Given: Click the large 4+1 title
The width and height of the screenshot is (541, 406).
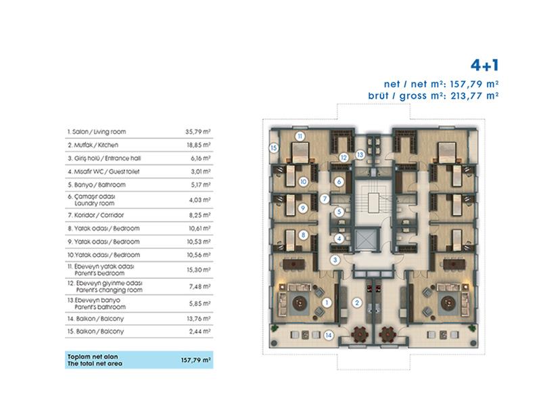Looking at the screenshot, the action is click(484, 65).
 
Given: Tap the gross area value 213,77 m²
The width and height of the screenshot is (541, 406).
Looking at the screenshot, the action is click(475, 95).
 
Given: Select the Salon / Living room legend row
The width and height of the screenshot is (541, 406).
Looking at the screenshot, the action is click(139, 131).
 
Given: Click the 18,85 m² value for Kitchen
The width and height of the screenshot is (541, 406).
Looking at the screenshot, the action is click(199, 145).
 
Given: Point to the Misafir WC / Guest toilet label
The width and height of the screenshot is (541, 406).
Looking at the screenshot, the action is click(103, 172).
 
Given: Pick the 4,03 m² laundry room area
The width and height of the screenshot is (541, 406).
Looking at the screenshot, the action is click(199, 200).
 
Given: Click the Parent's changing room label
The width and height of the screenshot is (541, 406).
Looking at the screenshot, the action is click(109, 290).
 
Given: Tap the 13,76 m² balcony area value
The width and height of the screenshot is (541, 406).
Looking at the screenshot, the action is click(199, 319).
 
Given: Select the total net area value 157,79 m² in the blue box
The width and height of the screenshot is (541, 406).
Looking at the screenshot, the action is click(195, 360).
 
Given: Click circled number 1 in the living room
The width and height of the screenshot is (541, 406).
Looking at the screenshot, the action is click(327, 302).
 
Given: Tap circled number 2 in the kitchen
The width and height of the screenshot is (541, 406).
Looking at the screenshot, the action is click(357, 302).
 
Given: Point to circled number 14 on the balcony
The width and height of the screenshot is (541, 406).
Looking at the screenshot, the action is click(329, 335).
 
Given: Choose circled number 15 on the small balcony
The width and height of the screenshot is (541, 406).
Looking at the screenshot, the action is click(274, 148).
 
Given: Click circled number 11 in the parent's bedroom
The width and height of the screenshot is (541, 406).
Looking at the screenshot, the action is click(300, 137).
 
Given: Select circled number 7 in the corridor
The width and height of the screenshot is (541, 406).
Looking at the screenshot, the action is click(325, 198).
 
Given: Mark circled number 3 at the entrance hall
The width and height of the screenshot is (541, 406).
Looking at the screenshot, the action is click(335, 260).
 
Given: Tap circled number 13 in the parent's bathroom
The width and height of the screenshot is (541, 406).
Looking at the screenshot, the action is click(360, 155).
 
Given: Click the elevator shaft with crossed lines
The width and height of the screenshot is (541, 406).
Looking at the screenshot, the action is click(367, 240).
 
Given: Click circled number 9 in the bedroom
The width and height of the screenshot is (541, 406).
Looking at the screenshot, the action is click(303, 208).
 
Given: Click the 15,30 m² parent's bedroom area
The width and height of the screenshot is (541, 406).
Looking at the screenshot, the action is click(199, 269).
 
